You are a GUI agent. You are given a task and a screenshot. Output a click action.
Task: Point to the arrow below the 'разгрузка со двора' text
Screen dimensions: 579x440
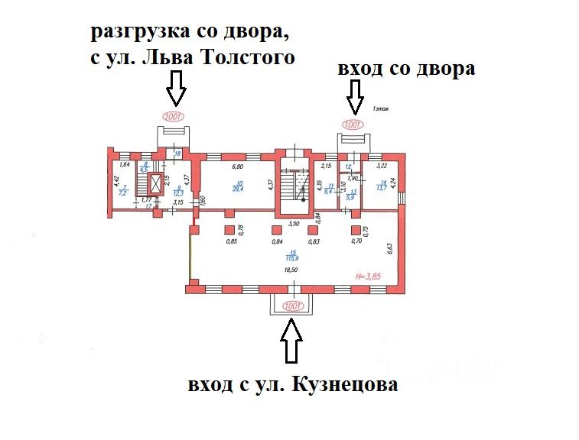(x=176, y=88)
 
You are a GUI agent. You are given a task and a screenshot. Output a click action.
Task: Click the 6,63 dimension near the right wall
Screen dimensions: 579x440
(x=389, y=246)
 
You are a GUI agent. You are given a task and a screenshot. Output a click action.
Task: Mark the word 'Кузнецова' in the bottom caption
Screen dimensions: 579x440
(x=344, y=385)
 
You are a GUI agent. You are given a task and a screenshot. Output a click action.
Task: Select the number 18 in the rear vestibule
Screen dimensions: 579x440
(x=177, y=154)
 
